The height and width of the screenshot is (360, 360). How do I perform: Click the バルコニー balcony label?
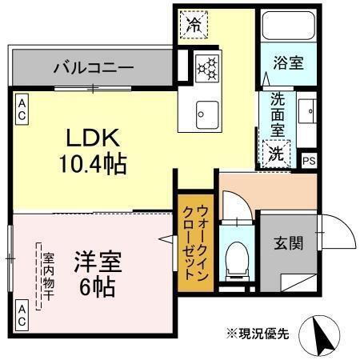click(x=94, y=67)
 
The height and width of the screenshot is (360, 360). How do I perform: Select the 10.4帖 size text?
click(x=90, y=164)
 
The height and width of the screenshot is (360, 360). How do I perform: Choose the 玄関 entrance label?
click(x=288, y=243)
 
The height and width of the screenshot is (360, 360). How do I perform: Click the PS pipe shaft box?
click(x=309, y=159)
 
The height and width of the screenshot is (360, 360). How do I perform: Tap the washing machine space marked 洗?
click(x=275, y=151)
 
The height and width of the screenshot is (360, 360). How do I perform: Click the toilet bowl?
click(x=238, y=262)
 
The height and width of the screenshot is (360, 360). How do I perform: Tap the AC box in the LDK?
click(x=21, y=109)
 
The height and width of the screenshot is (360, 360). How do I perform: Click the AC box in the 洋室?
click(x=22, y=313)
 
